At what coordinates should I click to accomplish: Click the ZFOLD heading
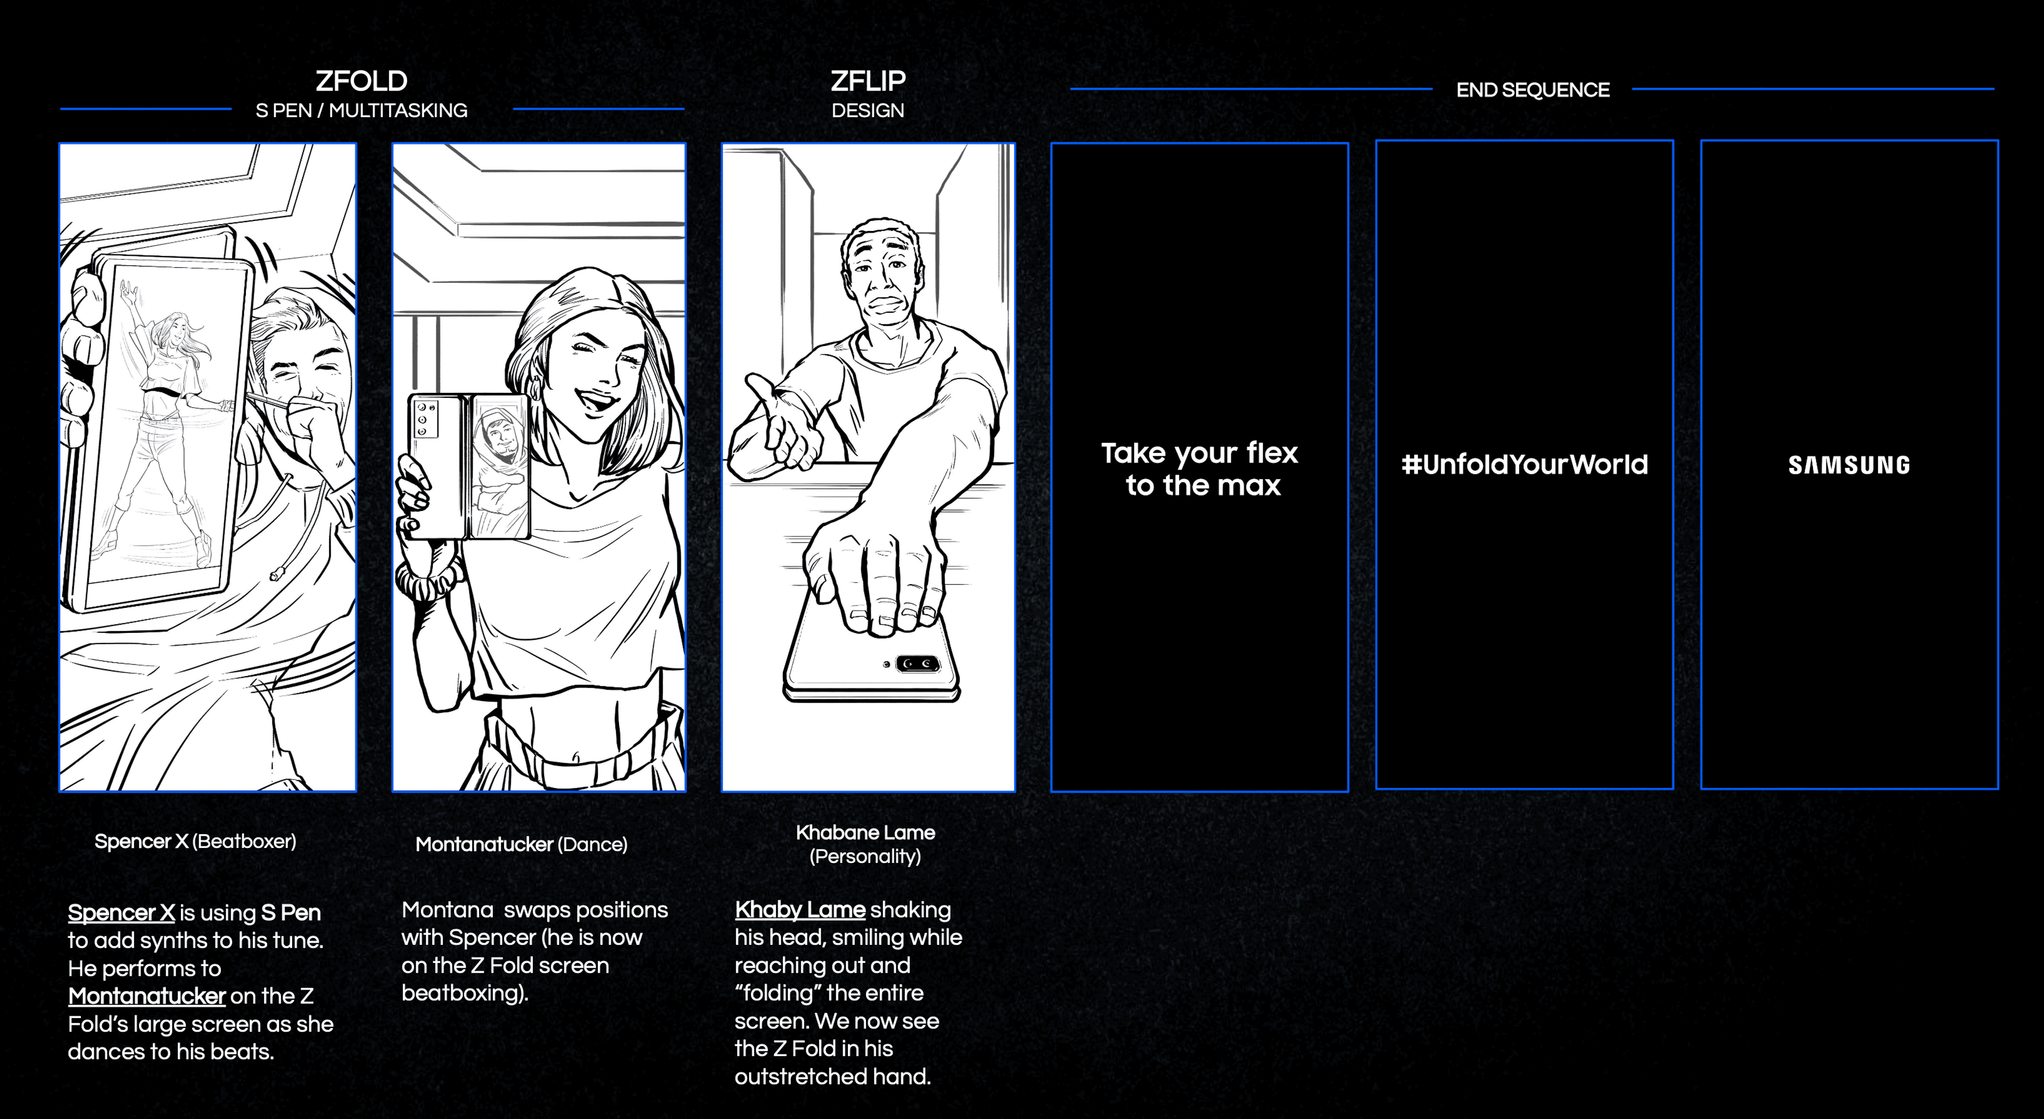click(x=361, y=81)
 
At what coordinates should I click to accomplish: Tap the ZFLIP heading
click(x=867, y=81)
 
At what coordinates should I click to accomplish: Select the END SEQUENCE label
click(x=1532, y=89)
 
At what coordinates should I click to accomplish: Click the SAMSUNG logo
click(x=1849, y=465)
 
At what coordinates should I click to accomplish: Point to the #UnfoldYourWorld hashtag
click(x=1524, y=464)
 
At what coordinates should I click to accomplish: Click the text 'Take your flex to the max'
click(x=1200, y=468)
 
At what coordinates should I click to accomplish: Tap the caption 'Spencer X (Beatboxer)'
click(x=195, y=841)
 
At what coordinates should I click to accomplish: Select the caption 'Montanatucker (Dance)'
click(x=521, y=844)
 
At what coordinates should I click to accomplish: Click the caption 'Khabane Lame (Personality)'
click(x=865, y=844)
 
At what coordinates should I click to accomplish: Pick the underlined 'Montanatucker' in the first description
click(x=147, y=996)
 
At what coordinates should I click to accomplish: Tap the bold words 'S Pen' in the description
click(x=291, y=912)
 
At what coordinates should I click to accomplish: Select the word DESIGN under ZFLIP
click(x=867, y=110)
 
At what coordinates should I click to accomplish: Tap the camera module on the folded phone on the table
click(x=917, y=663)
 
